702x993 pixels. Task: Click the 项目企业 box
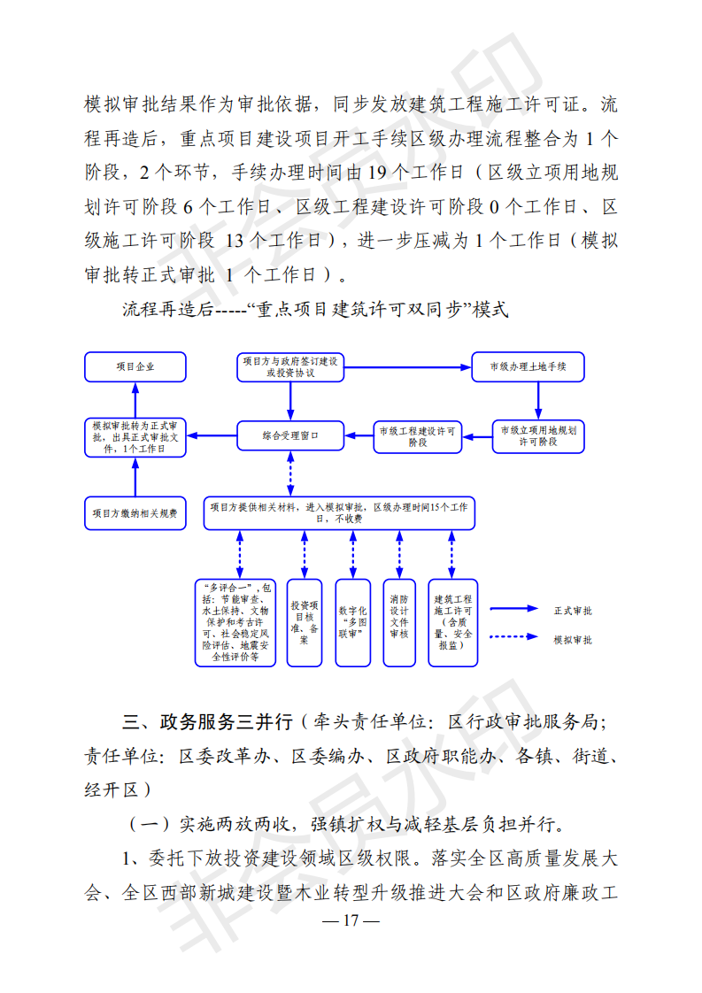coord(135,366)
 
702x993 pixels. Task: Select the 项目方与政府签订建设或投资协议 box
coord(290,367)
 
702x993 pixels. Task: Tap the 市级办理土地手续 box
coord(528,366)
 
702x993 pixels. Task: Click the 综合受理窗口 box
coord(290,435)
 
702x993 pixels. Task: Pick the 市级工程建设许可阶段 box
coord(418,436)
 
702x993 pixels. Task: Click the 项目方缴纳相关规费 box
coord(135,513)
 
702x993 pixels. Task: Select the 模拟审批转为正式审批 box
coord(135,437)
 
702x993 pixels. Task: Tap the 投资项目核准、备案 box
coord(305,622)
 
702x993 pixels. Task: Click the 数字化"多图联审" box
coord(353,622)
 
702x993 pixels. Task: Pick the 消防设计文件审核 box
coord(399,622)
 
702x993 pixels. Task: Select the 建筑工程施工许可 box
coord(453,622)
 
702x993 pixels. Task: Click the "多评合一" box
coord(235,622)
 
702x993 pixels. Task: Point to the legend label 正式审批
coord(573,611)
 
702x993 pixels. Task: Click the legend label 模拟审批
coord(573,640)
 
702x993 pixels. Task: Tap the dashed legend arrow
coord(513,636)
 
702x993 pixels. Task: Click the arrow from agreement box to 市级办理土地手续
coord(408,366)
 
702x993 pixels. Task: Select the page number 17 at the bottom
coord(351,920)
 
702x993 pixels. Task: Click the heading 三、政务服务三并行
coord(208,721)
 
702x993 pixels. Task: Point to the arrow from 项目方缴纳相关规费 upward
coord(135,477)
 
